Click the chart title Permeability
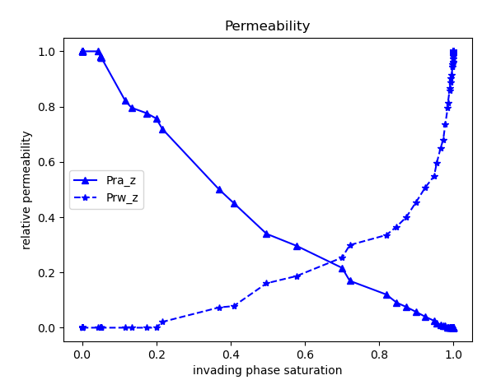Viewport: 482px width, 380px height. (267, 26)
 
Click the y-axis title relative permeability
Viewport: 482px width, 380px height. (26, 190)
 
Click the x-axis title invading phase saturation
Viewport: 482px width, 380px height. (267, 370)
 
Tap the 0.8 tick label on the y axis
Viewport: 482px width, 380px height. (46, 107)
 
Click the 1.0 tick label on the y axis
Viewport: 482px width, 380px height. (46, 52)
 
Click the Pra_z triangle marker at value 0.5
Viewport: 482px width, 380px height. (219, 189)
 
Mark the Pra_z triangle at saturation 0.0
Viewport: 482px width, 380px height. (82, 51)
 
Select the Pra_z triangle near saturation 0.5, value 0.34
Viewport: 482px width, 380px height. (266, 234)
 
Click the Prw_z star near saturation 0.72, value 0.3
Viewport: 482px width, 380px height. (350, 245)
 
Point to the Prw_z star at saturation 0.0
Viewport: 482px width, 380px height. (82, 327)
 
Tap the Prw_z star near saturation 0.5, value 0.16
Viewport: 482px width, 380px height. (266, 283)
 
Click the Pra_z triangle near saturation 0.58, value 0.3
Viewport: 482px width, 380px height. (297, 246)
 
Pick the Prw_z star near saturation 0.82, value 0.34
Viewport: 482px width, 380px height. (386, 234)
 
